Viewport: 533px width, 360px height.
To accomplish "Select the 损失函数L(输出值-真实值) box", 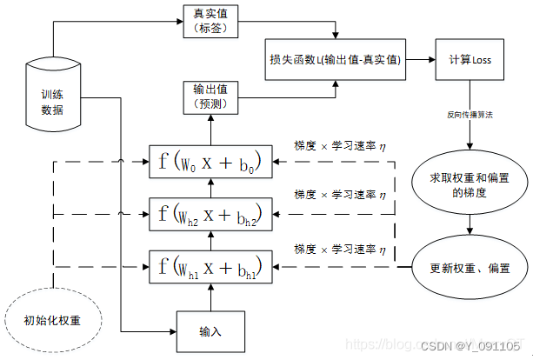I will (335, 60).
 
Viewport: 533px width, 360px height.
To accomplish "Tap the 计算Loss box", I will (470, 60).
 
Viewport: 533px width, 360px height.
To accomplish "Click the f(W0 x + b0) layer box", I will (210, 161).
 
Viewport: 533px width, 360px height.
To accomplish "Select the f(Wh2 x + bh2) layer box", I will (210, 213).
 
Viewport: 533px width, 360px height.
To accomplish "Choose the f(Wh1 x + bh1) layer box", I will (210, 264).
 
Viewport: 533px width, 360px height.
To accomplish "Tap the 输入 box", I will (210, 332).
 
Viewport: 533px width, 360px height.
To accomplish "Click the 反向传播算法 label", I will (470, 114).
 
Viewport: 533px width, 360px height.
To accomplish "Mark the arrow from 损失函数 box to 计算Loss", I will (420, 60).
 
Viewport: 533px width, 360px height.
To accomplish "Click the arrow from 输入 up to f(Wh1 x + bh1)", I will (210, 298).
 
